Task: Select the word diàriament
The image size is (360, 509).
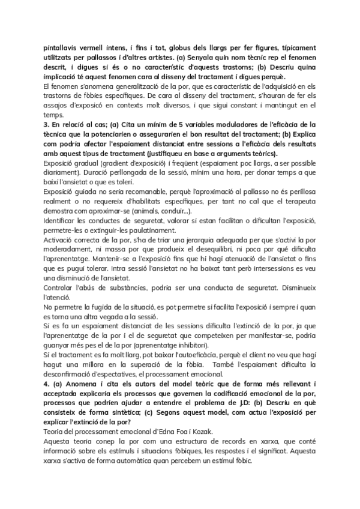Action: [x=62, y=173]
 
